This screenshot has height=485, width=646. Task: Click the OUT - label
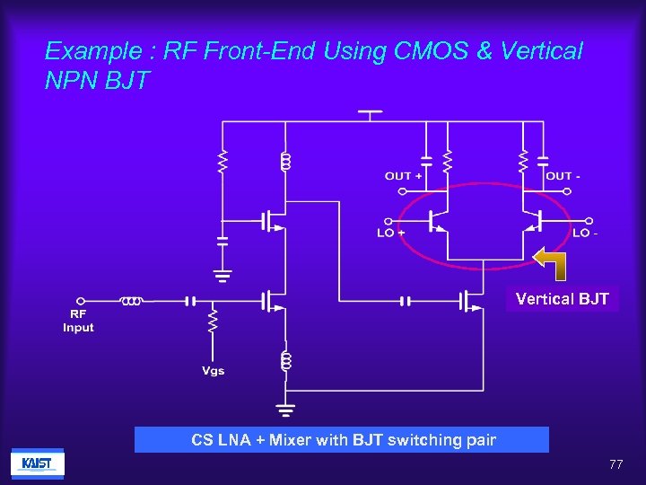[x=563, y=176]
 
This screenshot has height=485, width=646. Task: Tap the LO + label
[x=391, y=234]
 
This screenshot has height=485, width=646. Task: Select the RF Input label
[x=78, y=321]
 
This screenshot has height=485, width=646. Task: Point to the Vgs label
[x=213, y=371]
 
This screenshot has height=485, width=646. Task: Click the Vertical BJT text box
[x=562, y=299]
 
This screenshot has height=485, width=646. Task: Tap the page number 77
[x=615, y=464]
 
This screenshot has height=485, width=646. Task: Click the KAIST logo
[x=37, y=463]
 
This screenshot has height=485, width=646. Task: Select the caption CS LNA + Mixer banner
[x=342, y=440]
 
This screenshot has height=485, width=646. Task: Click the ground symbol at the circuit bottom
[x=285, y=412]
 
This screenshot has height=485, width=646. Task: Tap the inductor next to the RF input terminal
[x=131, y=301]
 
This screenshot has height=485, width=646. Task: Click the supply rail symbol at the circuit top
[x=370, y=112]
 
